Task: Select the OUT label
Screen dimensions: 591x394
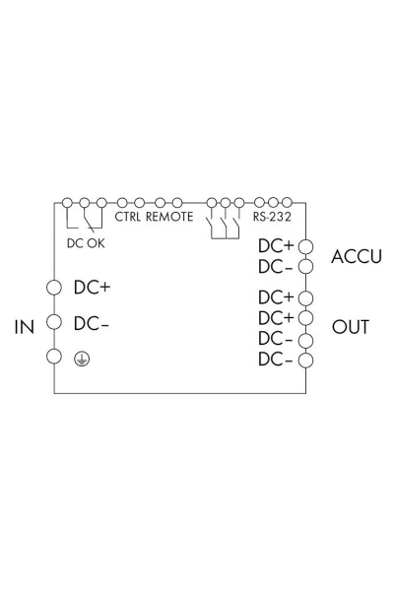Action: point(351,326)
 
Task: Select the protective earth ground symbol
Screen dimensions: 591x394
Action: point(81,359)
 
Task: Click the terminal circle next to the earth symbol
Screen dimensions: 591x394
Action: point(54,357)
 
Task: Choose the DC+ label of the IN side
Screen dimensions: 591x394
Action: point(91,289)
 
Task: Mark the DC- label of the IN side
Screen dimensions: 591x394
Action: point(91,323)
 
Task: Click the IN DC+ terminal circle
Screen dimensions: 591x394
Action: point(54,289)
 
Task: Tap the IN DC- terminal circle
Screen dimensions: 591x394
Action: point(54,322)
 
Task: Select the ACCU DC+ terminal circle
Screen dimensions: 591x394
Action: point(306,245)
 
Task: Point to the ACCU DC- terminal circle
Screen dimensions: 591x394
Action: point(306,266)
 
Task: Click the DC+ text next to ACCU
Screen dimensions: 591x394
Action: point(276,245)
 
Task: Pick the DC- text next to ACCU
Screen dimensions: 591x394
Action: point(276,266)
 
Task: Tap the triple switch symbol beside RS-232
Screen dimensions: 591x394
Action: point(225,223)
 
